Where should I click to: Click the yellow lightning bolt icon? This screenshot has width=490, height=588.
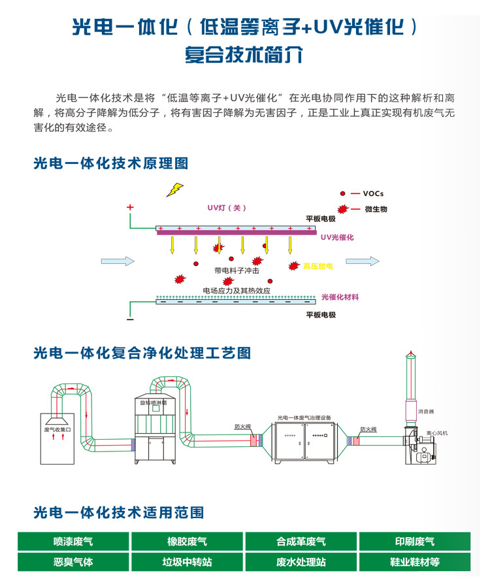[x=174, y=189]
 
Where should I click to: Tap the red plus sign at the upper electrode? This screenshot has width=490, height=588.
[x=130, y=207]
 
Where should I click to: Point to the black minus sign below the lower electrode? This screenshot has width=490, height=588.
[x=130, y=319]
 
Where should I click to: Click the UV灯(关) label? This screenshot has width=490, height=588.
[x=227, y=208]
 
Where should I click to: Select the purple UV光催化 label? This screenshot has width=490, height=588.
[x=337, y=237]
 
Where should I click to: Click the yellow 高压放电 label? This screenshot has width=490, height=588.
[x=319, y=267]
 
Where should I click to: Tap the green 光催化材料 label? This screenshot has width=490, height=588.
[x=340, y=297]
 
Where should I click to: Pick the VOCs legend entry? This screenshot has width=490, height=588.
[x=373, y=193]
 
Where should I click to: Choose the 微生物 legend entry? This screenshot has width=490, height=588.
[x=376, y=209]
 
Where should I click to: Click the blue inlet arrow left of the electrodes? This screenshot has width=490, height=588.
[x=118, y=261]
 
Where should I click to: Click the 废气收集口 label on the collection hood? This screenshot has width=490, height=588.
[x=61, y=429]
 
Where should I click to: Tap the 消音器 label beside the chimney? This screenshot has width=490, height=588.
[x=427, y=412]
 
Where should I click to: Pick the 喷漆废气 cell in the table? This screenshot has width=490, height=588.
[x=73, y=542]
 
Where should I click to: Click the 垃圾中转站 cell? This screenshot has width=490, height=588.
[x=187, y=562]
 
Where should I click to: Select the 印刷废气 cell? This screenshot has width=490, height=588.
[x=414, y=542]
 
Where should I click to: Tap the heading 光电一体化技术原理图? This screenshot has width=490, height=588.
[x=110, y=163]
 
